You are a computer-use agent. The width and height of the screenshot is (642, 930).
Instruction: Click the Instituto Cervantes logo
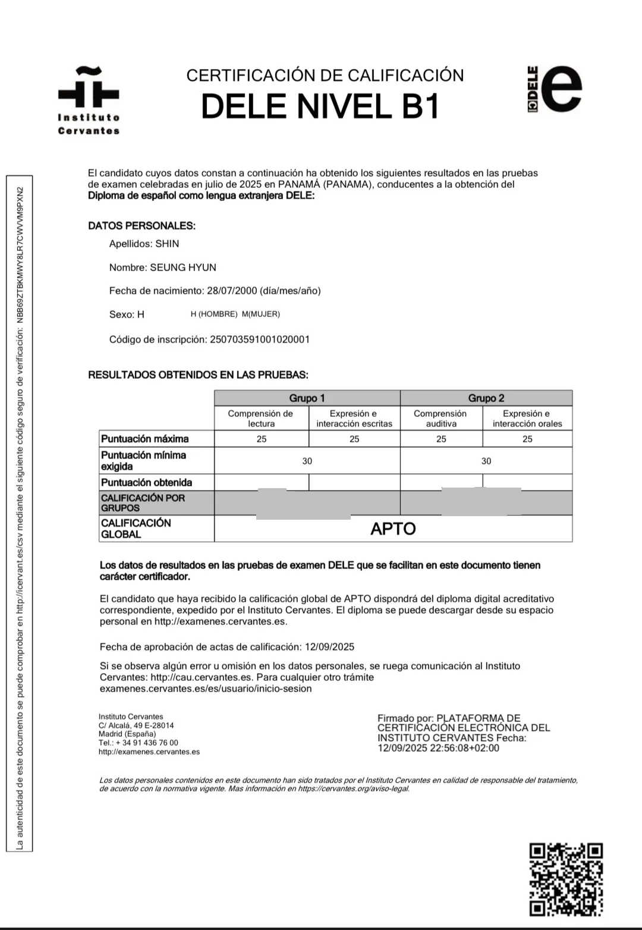point(89,101)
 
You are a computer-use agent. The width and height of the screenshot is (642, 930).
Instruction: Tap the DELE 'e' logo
point(555,90)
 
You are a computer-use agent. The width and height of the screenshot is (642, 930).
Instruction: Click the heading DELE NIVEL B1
point(320,106)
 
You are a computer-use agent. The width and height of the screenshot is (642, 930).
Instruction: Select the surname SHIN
point(167,244)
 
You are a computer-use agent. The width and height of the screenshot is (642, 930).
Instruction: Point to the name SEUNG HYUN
point(183,268)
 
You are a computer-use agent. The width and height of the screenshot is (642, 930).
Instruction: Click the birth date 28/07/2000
point(232,291)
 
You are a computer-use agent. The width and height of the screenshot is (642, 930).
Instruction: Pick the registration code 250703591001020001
point(260,340)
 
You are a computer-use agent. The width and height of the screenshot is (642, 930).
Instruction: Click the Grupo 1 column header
point(307,398)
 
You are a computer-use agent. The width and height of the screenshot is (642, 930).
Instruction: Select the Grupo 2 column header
point(486,398)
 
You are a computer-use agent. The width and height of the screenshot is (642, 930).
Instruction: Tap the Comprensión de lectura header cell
point(261,418)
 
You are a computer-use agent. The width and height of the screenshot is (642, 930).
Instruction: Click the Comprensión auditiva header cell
point(441,418)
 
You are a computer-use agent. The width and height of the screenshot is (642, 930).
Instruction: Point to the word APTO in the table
point(393,529)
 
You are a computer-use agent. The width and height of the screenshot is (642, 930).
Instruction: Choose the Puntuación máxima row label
point(145,439)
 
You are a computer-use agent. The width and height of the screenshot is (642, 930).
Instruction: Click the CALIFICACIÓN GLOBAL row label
point(137,528)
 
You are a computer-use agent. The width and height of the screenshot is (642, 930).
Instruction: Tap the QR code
point(566,879)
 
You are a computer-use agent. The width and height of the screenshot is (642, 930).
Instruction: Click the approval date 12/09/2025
point(329,646)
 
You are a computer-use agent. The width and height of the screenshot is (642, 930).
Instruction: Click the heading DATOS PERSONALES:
point(141,226)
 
